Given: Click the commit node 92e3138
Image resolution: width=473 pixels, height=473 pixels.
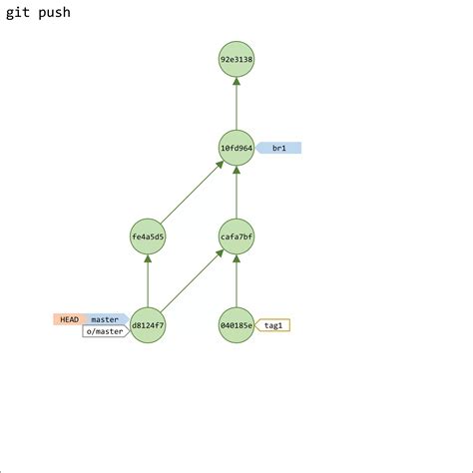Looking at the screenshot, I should [236, 59].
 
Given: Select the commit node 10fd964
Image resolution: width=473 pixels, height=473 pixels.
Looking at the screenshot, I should [236, 148].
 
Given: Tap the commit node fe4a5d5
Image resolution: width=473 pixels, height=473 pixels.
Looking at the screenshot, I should [148, 236].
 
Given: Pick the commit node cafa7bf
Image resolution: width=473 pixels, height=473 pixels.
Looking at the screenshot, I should [236, 236].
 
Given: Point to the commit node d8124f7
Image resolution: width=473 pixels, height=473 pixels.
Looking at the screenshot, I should [148, 325].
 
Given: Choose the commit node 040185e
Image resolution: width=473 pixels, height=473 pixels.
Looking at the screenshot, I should [236, 325].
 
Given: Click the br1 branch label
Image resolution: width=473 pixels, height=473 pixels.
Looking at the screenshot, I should [279, 148].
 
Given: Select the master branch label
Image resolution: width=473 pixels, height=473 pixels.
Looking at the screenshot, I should [105, 319].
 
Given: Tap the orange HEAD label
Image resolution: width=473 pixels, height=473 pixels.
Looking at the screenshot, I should [69, 319].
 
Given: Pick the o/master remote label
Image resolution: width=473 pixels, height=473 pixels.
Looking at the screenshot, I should [105, 331].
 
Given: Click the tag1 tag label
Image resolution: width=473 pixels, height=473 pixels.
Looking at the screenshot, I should [273, 325].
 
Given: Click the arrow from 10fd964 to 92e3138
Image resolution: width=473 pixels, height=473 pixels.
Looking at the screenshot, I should [236, 105].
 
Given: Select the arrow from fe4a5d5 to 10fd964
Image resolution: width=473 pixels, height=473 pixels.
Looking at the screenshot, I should [192, 193].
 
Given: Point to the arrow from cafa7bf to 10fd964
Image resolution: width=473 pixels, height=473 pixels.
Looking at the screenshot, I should [236, 193].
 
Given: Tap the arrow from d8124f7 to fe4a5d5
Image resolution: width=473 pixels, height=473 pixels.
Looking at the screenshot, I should [148, 281].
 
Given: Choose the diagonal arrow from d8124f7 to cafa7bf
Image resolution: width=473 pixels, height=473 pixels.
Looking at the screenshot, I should [192, 281].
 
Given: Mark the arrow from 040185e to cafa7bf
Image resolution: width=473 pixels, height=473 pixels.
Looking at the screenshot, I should [236, 281].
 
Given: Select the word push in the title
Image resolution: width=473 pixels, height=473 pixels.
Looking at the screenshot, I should [53, 13].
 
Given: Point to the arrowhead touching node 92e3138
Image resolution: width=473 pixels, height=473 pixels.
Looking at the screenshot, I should [236, 82].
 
